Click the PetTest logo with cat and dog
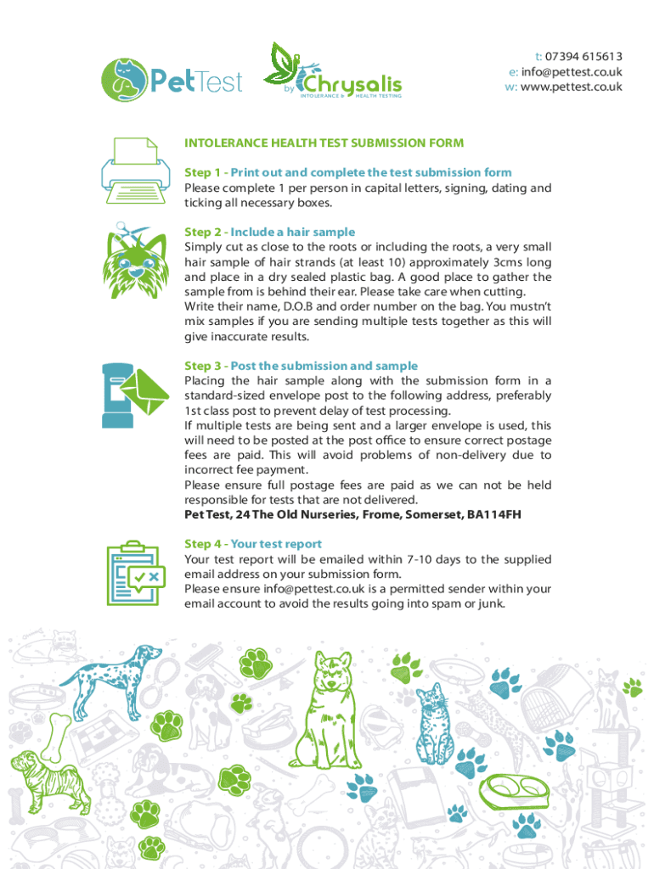click(x=172, y=81)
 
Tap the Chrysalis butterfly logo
click(x=333, y=71)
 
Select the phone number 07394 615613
click(x=584, y=57)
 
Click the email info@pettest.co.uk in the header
click(x=572, y=71)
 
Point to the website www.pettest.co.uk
click(x=572, y=87)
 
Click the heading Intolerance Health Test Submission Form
click(x=324, y=143)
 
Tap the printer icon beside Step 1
click(x=135, y=171)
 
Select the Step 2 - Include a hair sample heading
click(x=269, y=233)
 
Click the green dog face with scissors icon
click(x=135, y=261)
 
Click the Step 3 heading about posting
click(x=302, y=366)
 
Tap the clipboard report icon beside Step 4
click(x=136, y=573)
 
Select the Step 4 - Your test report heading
click(x=253, y=544)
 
